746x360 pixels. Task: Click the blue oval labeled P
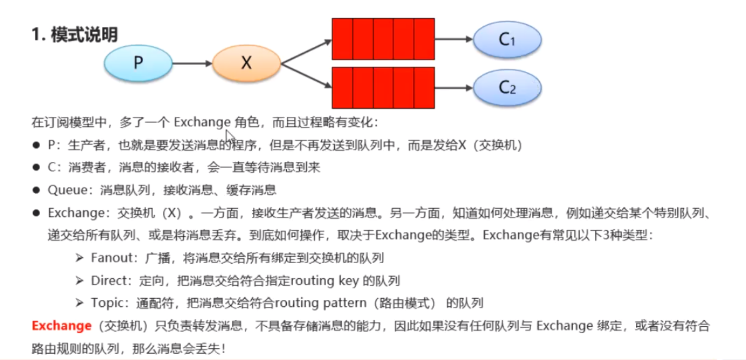[137, 62]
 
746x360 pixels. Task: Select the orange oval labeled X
[246, 62]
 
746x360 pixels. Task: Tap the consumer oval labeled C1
[507, 39]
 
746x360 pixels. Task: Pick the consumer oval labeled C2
[507, 87]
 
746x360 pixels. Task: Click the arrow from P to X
[192, 62]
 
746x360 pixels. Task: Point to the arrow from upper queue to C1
[454, 39]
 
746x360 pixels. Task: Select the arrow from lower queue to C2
[454, 87]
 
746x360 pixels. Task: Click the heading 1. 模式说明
[74, 35]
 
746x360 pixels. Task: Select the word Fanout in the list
[110, 257]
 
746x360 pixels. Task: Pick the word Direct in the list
[108, 281]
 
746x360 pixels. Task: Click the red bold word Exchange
[61, 326]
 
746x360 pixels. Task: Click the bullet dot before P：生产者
[37, 146]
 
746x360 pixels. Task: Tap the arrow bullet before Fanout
[79, 257]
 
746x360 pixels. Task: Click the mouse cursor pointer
[229, 137]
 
